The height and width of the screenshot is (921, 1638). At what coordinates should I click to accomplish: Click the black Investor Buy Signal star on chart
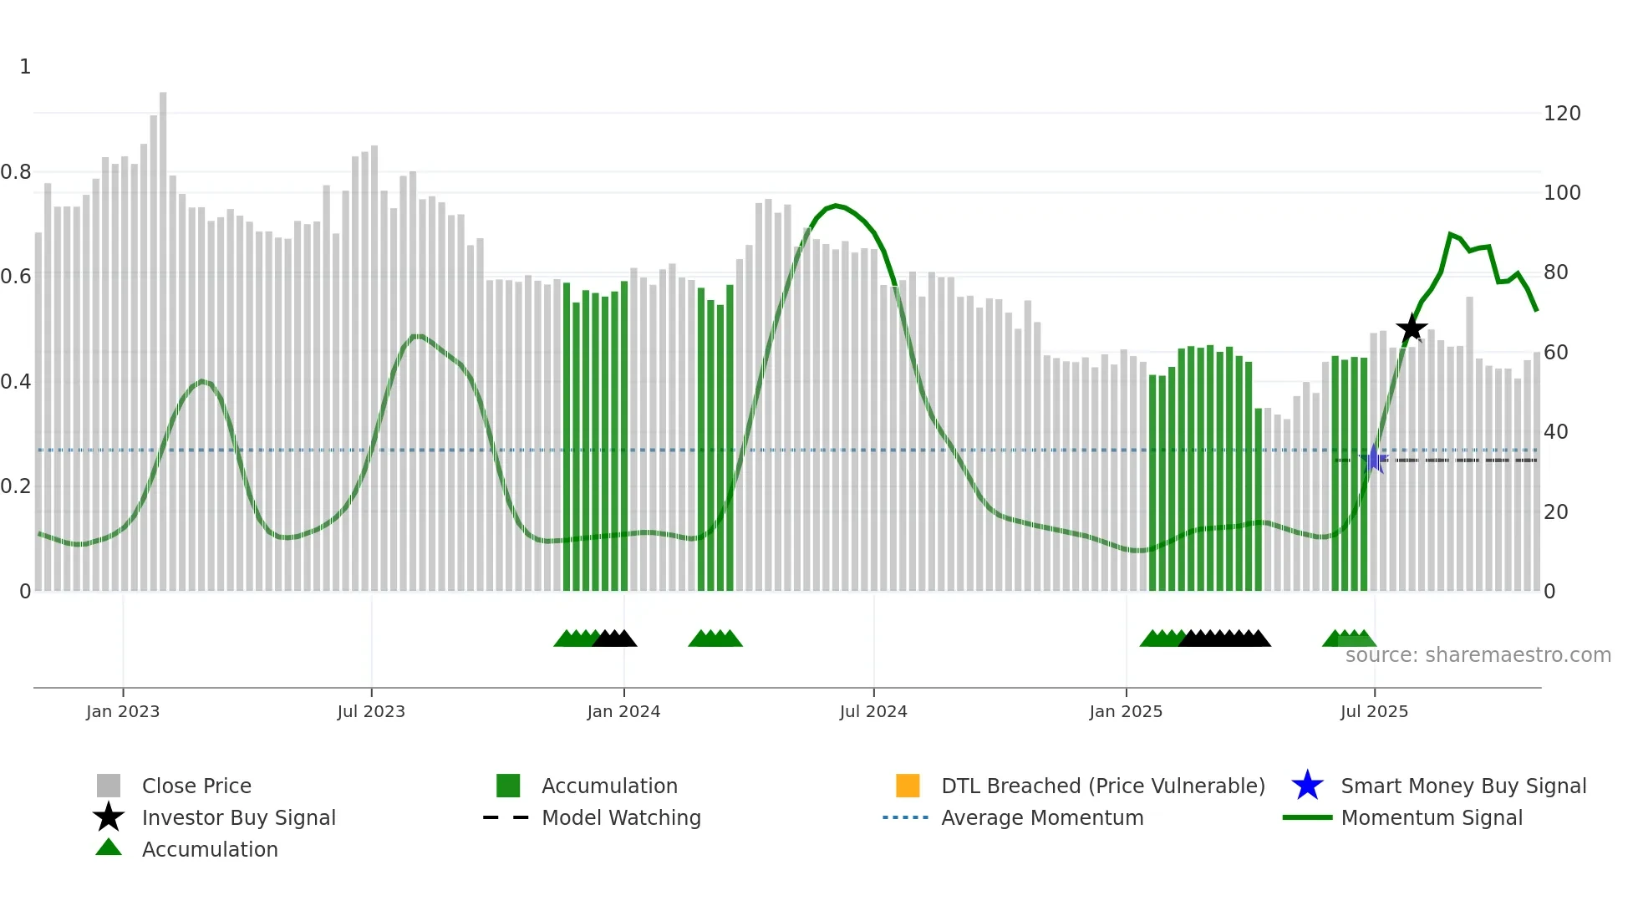click(x=1412, y=328)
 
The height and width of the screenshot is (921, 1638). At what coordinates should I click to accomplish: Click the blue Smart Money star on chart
click(x=1373, y=459)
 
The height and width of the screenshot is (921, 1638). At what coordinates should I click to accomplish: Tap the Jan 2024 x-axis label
click(x=623, y=711)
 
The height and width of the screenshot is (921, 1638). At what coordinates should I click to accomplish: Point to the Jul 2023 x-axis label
click(x=371, y=711)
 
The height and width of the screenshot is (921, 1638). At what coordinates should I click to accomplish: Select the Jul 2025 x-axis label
click(x=1374, y=711)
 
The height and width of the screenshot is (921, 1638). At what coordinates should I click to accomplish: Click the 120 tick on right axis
click(x=1562, y=114)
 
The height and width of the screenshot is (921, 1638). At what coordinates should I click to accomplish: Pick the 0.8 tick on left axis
click(x=17, y=172)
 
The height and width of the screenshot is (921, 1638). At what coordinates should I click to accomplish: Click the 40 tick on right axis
click(x=1555, y=432)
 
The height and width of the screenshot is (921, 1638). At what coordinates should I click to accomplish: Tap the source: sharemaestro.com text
click(x=1478, y=655)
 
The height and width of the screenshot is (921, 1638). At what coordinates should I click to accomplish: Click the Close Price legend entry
click(x=196, y=786)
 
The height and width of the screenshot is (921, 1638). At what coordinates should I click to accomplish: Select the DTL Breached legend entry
click(x=1102, y=786)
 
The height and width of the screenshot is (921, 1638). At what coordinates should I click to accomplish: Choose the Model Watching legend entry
click(x=621, y=817)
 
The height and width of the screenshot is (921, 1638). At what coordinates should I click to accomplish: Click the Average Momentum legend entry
click(x=1041, y=817)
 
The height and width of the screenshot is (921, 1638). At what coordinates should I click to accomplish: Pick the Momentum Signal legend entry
click(x=1431, y=817)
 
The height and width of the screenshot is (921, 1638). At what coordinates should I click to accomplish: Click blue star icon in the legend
click(x=1307, y=786)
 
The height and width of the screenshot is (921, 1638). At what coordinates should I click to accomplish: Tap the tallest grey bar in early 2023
click(x=163, y=334)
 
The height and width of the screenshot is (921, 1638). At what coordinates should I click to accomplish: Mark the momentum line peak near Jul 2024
click(x=836, y=205)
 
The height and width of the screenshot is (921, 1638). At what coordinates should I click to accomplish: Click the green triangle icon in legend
click(x=109, y=848)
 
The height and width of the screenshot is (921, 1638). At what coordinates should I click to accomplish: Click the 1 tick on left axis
click(x=25, y=67)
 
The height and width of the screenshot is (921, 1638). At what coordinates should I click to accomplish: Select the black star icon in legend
click(x=109, y=817)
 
